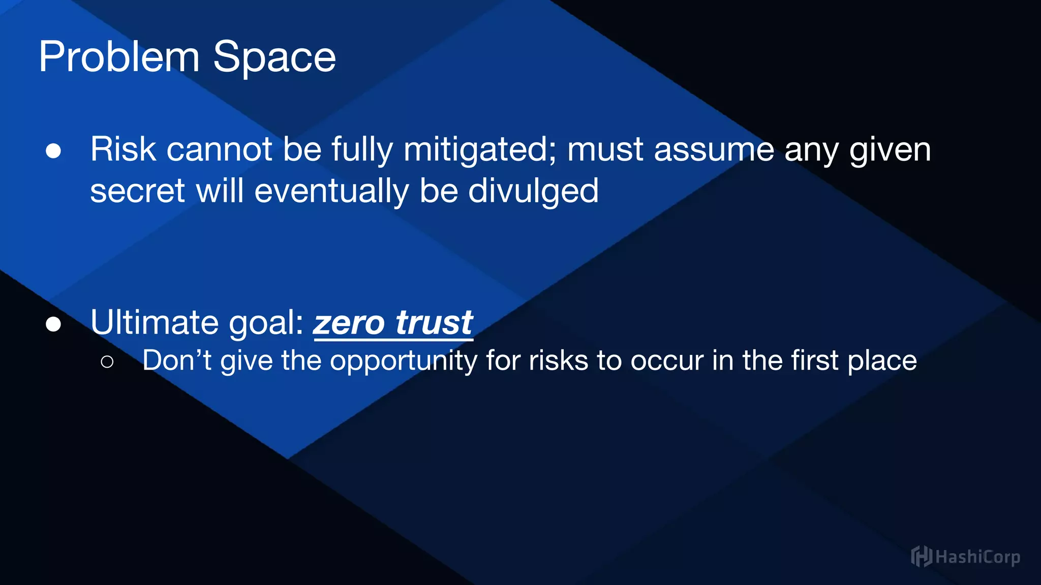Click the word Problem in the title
tap(119, 57)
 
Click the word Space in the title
tap(274, 58)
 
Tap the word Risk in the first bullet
tap(123, 149)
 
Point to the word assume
tap(714, 150)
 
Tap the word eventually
tap(331, 191)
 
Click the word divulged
tap(533, 191)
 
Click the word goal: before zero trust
tap(266, 323)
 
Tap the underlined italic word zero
tap(349, 323)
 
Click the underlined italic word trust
tap(434, 323)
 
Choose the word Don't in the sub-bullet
tap(176, 361)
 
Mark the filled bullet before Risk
tap(53, 151)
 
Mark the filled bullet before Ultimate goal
tap(53, 324)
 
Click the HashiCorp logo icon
tap(921, 556)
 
